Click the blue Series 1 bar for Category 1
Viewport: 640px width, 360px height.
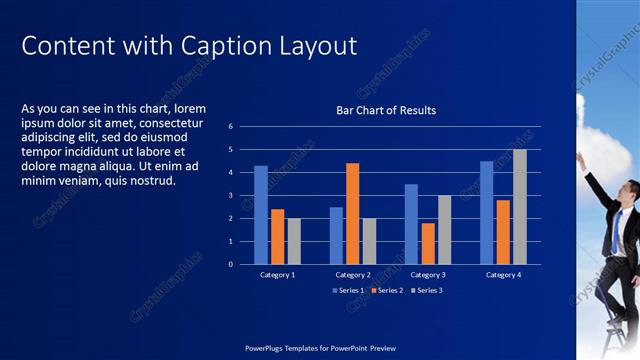point(261,215)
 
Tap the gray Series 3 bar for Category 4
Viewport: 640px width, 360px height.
point(519,207)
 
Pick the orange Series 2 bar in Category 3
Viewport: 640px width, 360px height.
point(428,243)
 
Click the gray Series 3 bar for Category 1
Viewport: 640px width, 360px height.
point(293,241)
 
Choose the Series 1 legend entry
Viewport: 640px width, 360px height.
point(349,290)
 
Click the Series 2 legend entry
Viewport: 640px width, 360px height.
point(388,290)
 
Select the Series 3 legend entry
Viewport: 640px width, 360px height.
point(427,290)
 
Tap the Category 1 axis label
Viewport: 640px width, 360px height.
point(277,274)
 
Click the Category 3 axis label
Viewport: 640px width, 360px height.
point(428,274)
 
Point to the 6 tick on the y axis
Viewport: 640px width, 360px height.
point(230,127)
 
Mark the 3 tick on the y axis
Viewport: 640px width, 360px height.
point(230,196)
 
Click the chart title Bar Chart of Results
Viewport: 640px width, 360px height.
point(386,110)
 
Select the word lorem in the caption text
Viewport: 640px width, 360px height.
point(190,108)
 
